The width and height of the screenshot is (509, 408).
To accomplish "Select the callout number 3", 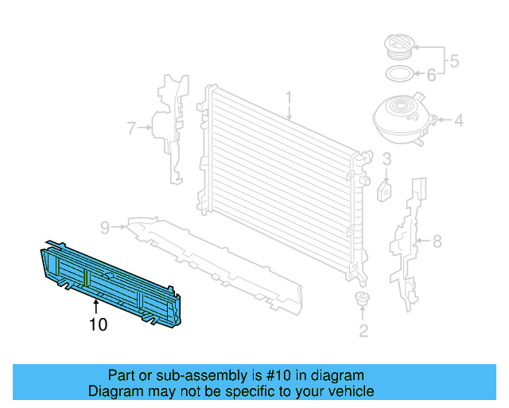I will (386, 159).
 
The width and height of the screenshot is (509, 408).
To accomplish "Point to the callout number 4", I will (458, 122).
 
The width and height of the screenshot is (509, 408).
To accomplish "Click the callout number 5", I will (454, 60).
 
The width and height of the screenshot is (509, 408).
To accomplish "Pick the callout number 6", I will (431, 76).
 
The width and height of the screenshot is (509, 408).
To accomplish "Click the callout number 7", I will (132, 126).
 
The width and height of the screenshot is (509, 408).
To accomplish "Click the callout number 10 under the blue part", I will (97, 324).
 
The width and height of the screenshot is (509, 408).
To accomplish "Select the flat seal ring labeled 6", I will (398, 76).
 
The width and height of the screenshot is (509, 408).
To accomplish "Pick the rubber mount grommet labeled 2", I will (362, 300).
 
